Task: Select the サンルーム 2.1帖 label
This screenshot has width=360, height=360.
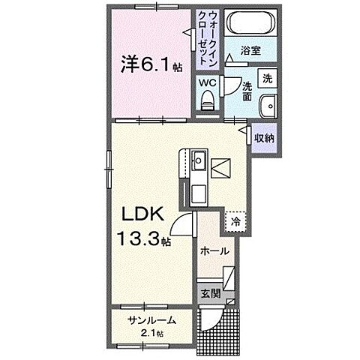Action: coord(151,325)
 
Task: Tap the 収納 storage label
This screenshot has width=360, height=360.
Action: coord(263,138)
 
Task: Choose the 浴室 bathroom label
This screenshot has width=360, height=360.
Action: coord(250,50)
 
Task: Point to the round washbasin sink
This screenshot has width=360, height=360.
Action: coord(267,106)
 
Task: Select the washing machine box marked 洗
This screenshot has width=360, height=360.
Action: coord(267,78)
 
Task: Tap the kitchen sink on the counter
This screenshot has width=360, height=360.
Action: coord(198,161)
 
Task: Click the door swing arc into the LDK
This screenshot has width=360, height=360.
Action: coord(182,223)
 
